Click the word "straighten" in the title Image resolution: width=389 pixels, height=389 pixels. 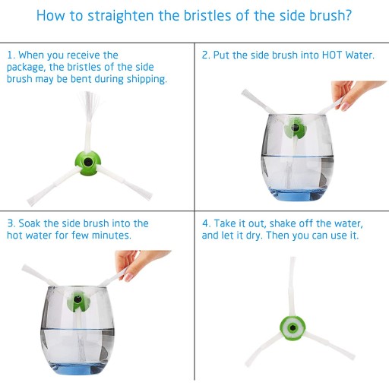pos(121,16)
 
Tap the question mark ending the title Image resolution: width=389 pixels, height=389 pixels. pos(348,14)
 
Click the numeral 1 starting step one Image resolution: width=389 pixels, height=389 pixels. pos(10,55)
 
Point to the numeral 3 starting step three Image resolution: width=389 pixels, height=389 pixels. pos(11,223)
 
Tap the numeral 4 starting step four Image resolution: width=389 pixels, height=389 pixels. pos(205,223)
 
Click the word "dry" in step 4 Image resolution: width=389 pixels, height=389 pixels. pos(254,236)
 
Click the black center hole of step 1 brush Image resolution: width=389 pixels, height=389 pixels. pos(88,162)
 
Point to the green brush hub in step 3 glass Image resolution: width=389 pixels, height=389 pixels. pos(78,301)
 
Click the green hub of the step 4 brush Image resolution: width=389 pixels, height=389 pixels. pos(293,327)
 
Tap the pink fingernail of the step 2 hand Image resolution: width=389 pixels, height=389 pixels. pos(345,106)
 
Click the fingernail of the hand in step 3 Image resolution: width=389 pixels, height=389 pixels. pos(128,277)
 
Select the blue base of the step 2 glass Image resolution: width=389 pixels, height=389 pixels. pos(297,194)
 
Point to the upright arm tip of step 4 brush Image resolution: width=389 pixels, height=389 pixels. pos(293,258)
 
